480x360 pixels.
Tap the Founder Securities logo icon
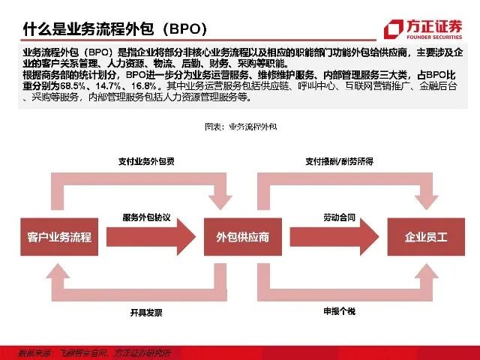pos(393,29)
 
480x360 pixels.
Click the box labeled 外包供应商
pos(238,237)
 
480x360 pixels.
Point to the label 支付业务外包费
pos(147,161)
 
